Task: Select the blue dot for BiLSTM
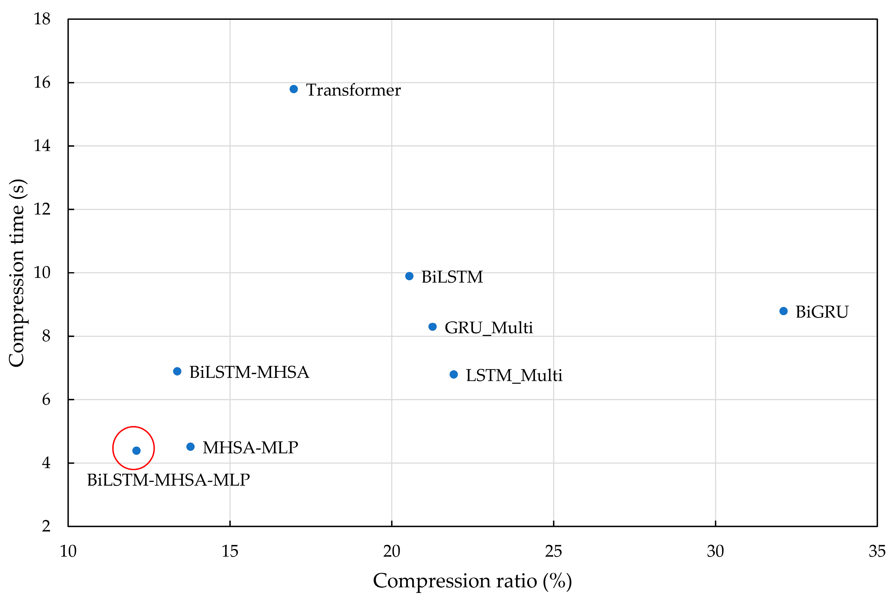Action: point(409,276)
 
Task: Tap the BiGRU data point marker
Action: point(783,311)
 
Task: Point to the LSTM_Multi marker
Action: point(454,375)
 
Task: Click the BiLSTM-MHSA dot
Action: point(177,372)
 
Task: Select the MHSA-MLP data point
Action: point(190,447)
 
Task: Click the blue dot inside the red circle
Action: point(136,450)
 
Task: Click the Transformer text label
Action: point(353,90)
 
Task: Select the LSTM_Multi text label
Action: point(514,376)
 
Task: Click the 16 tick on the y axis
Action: point(42,82)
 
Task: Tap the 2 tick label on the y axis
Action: point(46,526)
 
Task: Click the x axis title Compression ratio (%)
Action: point(472,581)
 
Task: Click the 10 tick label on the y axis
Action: point(42,272)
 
